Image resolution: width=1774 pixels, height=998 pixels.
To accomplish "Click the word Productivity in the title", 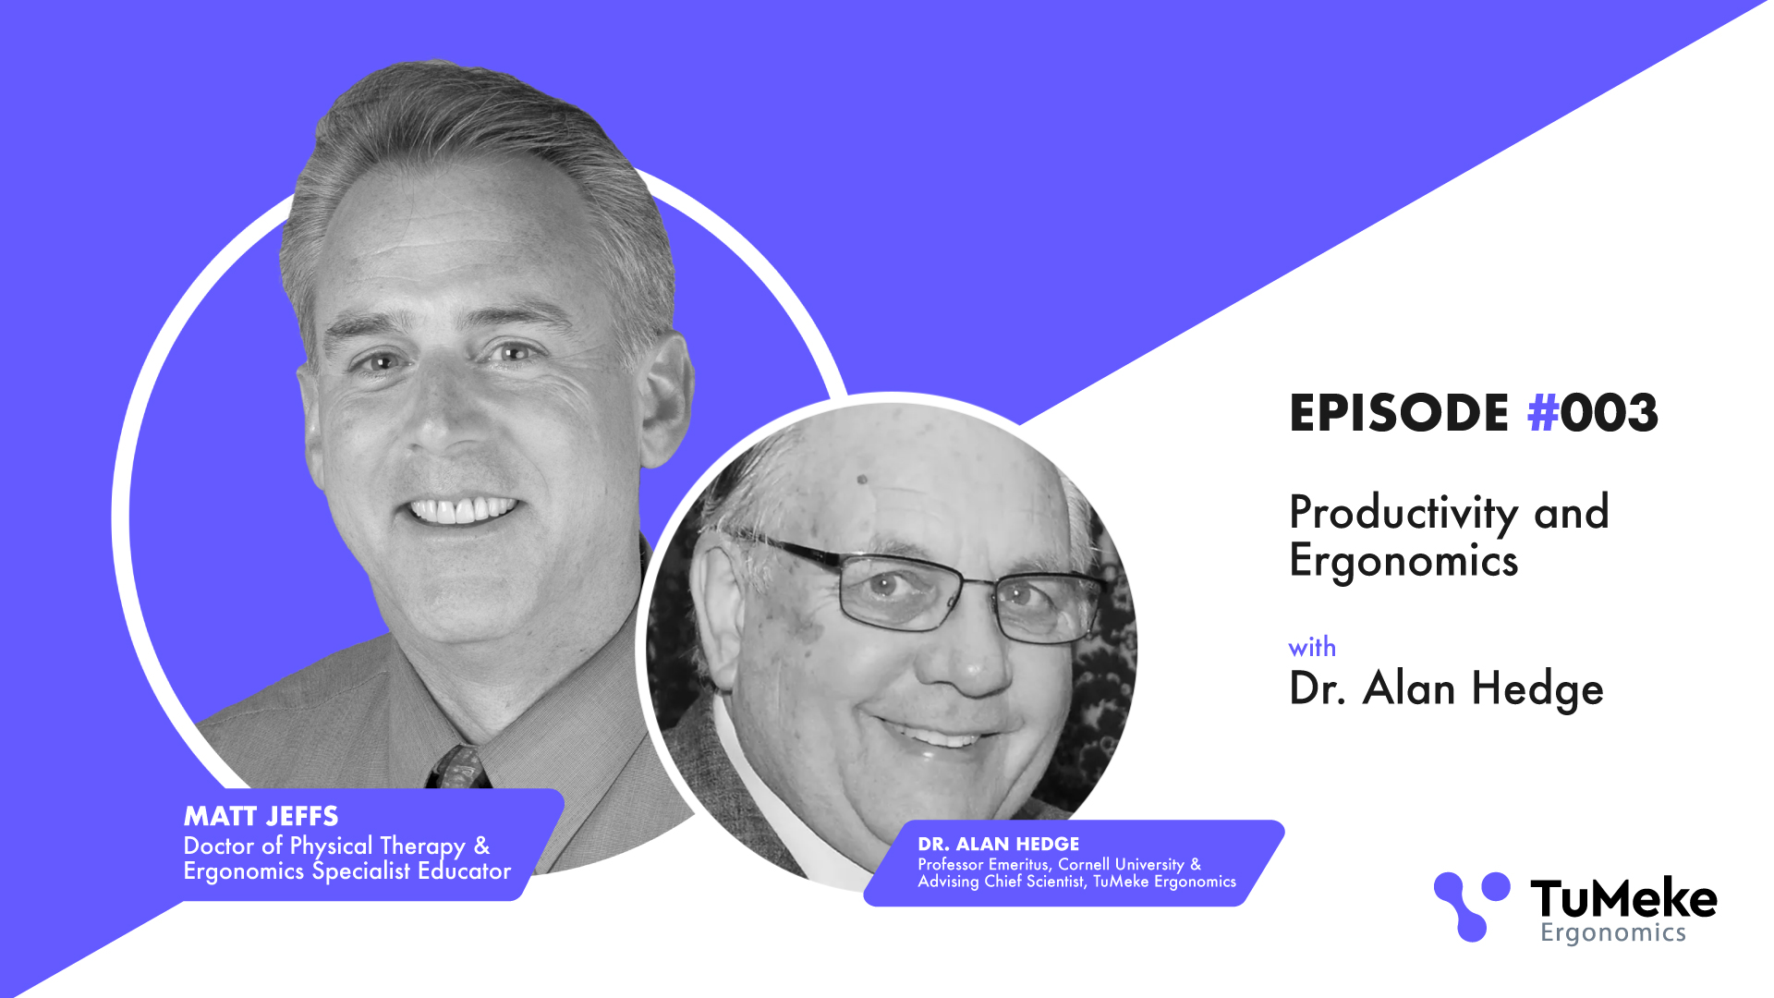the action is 1403,514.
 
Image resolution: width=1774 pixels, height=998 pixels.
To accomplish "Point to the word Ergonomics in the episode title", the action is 1403,562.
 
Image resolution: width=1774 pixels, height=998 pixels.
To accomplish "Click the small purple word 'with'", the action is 1312,647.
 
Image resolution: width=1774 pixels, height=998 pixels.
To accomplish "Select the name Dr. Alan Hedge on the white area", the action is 1446,689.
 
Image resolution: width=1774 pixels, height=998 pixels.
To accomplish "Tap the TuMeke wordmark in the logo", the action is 1623,898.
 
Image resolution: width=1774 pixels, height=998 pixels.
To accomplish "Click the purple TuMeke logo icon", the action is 1472,907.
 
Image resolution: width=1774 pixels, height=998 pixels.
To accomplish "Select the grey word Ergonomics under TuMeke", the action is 1613,933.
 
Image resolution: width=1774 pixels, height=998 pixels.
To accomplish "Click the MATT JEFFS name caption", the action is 261,816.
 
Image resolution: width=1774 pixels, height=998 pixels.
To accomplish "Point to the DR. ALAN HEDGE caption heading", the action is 998,844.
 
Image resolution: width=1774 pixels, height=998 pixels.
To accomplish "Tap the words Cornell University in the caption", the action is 1121,864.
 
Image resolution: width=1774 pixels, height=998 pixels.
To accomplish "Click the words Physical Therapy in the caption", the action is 378,846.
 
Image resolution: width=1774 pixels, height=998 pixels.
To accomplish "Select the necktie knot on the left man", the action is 459,767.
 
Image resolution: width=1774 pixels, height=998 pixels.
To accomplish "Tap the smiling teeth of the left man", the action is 463,510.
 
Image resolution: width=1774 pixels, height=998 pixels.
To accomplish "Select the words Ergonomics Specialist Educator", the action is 347,871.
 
